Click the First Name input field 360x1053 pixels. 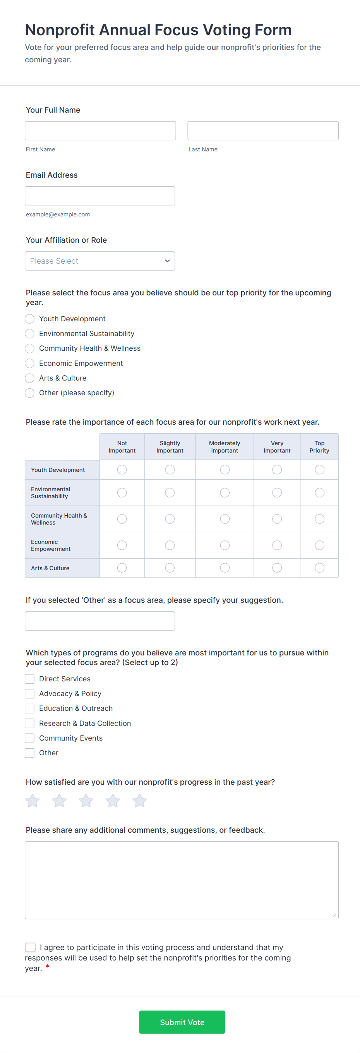tap(100, 131)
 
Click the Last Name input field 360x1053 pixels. tap(263, 131)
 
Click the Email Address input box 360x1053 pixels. tap(100, 196)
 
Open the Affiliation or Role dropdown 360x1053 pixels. tap(100, 261)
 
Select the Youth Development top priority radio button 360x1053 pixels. tap(30, 319)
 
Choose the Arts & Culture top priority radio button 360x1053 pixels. tap(30, 378)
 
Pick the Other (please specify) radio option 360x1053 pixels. tap(30, 393)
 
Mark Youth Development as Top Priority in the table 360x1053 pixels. tap(319, 470)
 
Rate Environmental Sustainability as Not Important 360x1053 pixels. tap(122, 492)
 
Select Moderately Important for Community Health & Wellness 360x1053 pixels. tap(225, 519)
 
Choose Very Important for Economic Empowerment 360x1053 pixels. tap(277, 545)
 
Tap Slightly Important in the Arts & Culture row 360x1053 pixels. tap(170, 568)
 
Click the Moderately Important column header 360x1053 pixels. tap(225, 447)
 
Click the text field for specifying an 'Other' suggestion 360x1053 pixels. tap(100, 621)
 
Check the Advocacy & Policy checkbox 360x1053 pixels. tap(30, 694)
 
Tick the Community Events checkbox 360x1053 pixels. tap(30, 738)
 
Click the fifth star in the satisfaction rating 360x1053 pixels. tap(139, 801)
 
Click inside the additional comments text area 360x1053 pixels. tap(182, 880)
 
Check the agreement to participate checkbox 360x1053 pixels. tap(31, 948)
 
